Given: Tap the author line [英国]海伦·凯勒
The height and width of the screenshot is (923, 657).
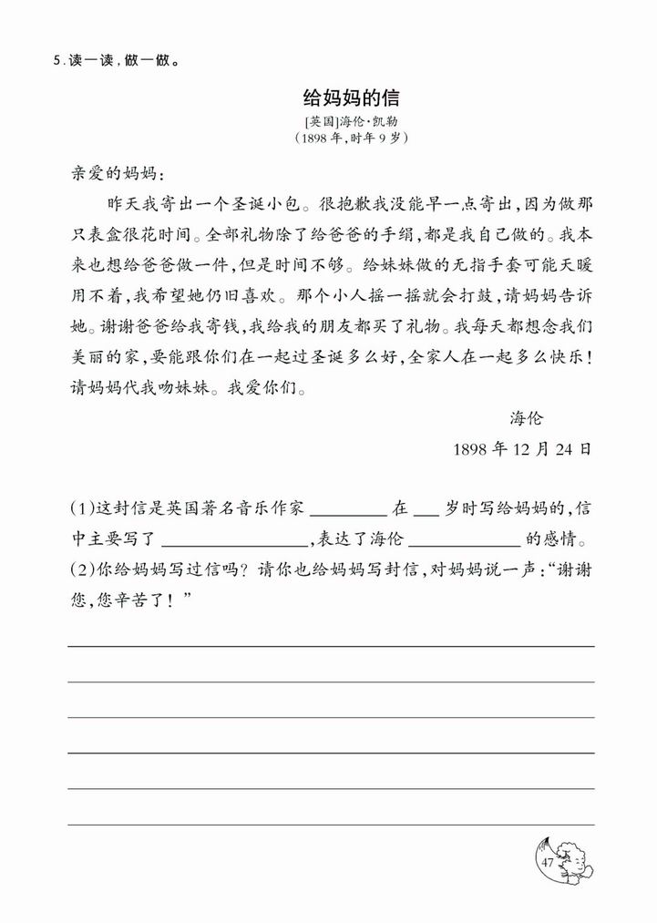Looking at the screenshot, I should point(351,121).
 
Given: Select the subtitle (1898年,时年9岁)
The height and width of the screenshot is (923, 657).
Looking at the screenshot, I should point(351,138).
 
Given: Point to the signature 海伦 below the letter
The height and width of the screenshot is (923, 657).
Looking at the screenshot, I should point(526,418).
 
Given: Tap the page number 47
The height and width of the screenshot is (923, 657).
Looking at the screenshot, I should point(547,862).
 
